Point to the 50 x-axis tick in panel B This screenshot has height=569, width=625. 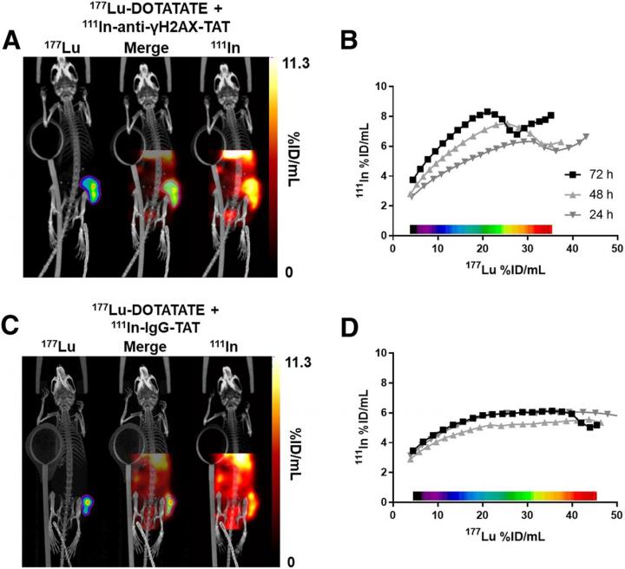(x=615, y=248)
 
